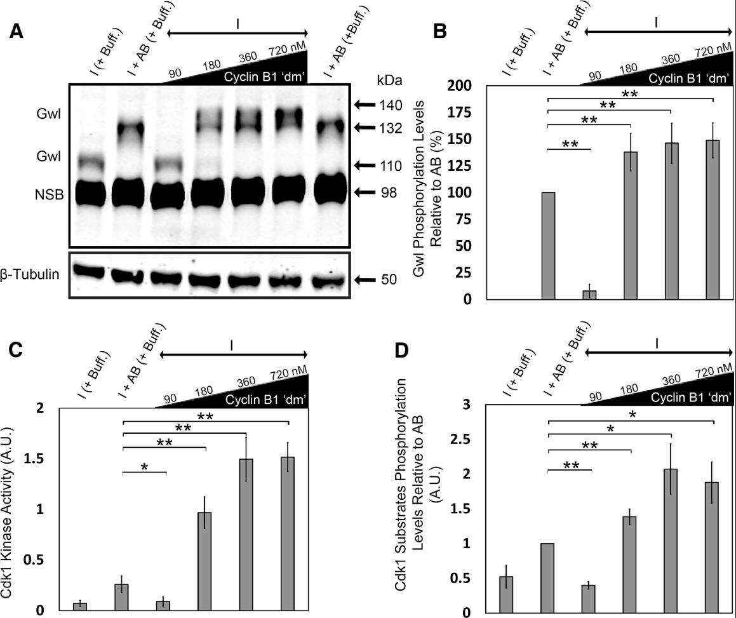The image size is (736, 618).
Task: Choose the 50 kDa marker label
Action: (388, 279)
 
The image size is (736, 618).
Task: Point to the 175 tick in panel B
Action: (469, 112)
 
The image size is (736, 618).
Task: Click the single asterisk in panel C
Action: (144, 467)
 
